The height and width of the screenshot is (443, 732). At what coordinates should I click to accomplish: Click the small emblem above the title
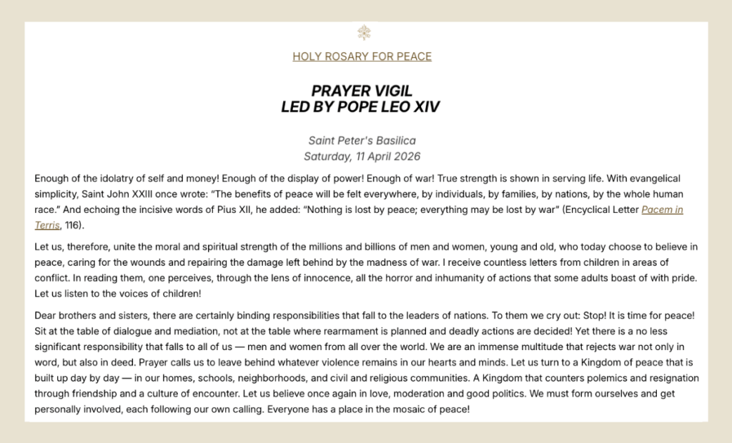tap(365, 33)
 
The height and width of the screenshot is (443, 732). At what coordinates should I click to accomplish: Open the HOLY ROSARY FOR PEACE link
tap(362, 56)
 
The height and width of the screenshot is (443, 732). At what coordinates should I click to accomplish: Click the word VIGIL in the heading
tap(393, 91)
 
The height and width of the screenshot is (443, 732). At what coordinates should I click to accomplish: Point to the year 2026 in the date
tap(405, 156)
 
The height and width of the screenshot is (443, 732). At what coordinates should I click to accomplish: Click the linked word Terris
tap(47, 226)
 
